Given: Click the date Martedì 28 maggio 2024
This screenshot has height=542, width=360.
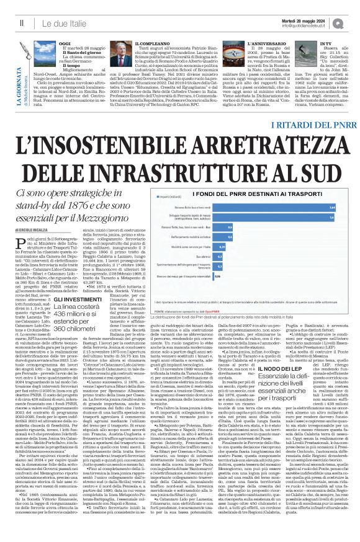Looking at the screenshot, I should coord(320,20).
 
